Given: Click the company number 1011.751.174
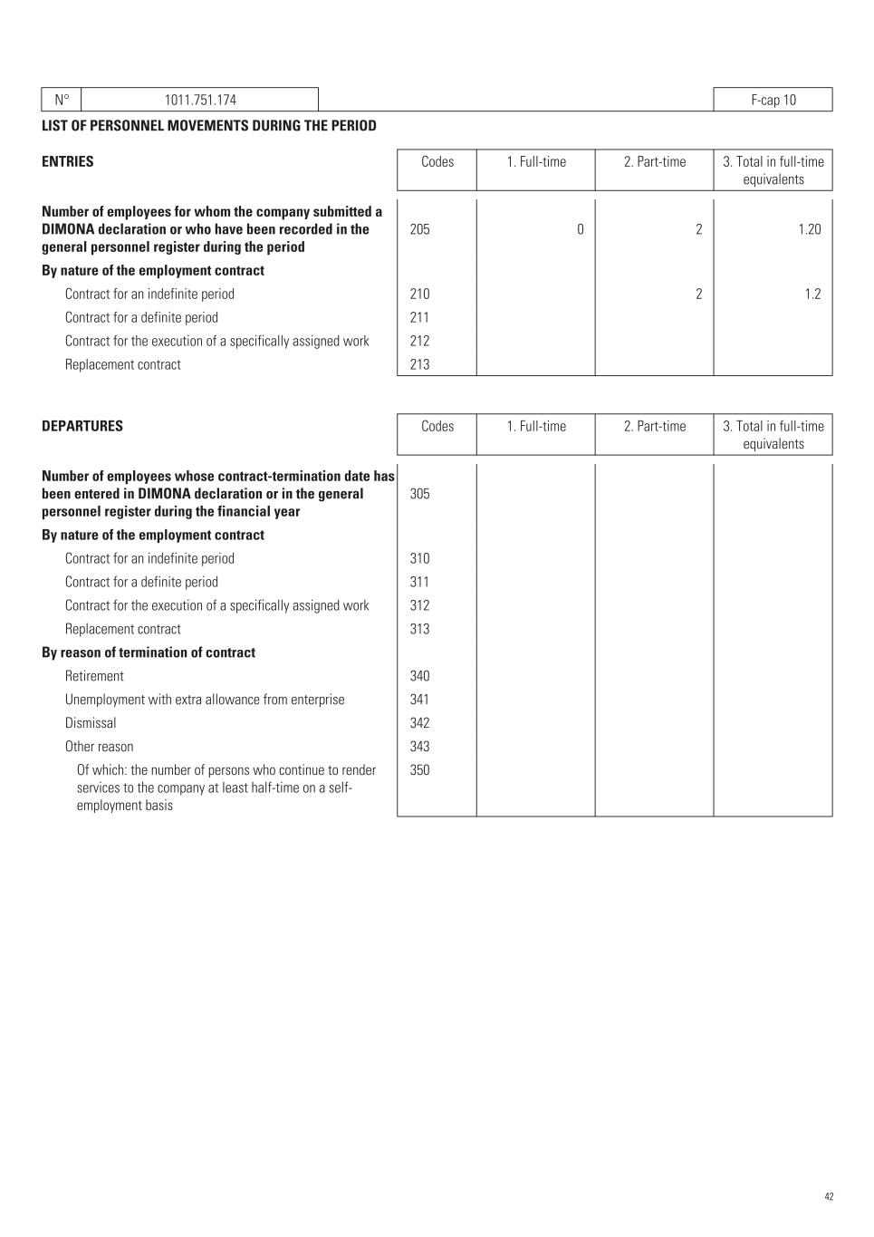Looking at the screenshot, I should (x=200, y=100).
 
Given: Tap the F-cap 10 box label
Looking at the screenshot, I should (x=773, y=100).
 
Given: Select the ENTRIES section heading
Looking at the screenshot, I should (x=68, y=161).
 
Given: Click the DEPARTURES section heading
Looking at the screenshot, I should (x=82, y=426).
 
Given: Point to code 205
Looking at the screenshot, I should (x=419, y=229).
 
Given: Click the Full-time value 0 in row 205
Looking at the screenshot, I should (x=580, y=229).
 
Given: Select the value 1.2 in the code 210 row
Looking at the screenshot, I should (x=812, y=294).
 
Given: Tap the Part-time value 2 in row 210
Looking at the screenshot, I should (x=698, y=294).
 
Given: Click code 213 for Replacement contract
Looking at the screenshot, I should (x=419, y=364).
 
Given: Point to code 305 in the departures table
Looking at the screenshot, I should (x=419, y=494).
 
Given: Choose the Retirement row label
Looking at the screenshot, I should (x=94, y=676).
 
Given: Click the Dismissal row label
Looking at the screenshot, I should (x=91, y=723).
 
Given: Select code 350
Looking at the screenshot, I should (x=419, y=770).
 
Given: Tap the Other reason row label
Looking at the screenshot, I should (x=99, y=747).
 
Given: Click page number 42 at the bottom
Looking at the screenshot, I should (x=829, y=1197).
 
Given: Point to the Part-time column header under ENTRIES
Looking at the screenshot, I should (x=654, y=161).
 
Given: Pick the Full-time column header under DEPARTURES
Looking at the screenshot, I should (x=536, y=426).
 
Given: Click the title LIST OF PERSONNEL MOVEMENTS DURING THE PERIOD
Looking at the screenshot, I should (x=209, y=125).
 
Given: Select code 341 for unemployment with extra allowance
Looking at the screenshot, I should (x=419, y=700).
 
